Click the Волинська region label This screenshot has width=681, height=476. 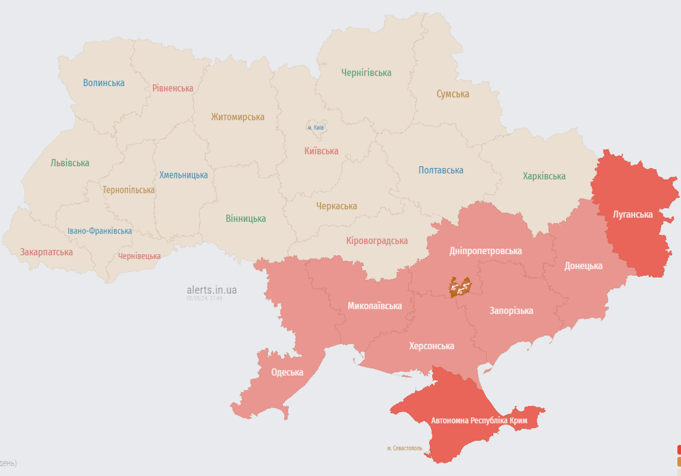pyautogui.click(x=104, y=82)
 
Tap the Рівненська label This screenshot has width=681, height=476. pyautogui.click(x=172, y=88)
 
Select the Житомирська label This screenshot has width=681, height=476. pyautogui.click(x=238, y=117)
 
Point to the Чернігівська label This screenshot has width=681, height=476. pyautogui.click(x=366, y=73)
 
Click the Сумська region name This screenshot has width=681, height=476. pyautogui.click(x=453, y=94)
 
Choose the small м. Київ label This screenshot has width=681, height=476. pyautogui.click(x=316, y=128)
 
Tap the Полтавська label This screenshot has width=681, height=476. pyautogui.click(x=440, y=170)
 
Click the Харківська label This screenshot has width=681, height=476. pyautogui.click(x=544, y=176)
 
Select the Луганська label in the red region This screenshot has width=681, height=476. pyautogui.click(x=633, y=214)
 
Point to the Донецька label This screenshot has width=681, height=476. pyautogui.click(x=583, y=266)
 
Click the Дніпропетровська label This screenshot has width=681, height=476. pyautogui.click(x=486, y=251)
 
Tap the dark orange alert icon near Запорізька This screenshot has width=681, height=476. pyautogui.click(x=460, y=287)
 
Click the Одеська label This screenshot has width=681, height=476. pyautogui.click(x=287, y=372)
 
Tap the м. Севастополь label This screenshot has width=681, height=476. pyautogui.click(x=404, y=448)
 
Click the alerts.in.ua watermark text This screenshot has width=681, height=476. pyautogui.click(x=211, y=289)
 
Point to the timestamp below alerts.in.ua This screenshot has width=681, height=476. pyautogui.click(x=204, y=298)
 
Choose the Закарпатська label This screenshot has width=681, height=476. pyautogui.click(x=47, y=252)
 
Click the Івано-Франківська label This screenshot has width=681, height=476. pyautogui.click(x=100, y=231)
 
